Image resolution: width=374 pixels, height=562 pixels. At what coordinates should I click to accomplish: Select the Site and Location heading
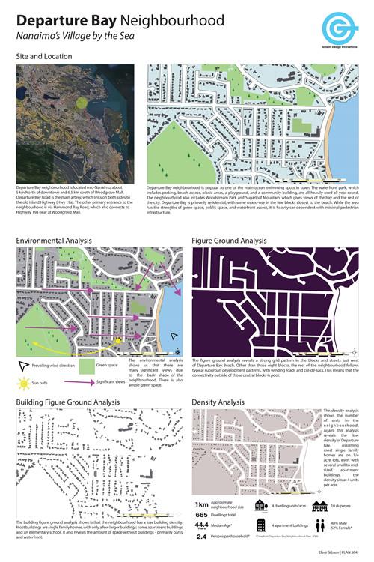click(44, 56)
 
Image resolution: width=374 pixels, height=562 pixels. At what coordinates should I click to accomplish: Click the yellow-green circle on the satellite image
click(82, 103)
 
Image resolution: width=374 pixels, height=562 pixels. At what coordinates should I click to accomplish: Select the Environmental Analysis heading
click(54, 241)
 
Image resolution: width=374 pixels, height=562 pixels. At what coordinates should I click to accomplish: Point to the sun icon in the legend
click(25, 384)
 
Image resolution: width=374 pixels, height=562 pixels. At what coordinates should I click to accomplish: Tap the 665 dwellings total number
click(202, 516)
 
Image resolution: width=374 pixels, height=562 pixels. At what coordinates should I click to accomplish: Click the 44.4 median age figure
click(202, 526)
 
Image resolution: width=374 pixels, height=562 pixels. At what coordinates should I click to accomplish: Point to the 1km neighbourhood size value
click(202, 505)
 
